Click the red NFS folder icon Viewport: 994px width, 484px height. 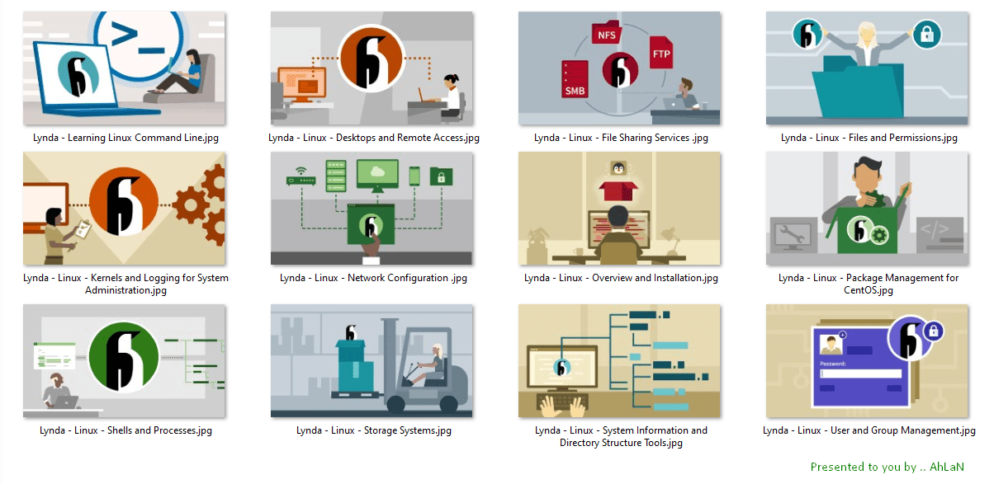tap(607, 32)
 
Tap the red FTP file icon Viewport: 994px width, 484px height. tap(661, 53)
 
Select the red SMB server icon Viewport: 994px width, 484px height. tap(575, 79)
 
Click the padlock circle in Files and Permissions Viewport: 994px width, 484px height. tap(927, 34)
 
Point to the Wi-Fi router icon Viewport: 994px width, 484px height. tap(301, 176)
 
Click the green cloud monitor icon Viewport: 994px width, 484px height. tap(377, 176)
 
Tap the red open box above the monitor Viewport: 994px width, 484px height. tap(618, 191)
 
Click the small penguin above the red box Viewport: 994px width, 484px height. tap(618, 168)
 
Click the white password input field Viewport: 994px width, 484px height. tap(861, 374)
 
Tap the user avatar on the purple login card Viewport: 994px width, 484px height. tap(831, 345)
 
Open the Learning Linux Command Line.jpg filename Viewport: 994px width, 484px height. tap(125, 138)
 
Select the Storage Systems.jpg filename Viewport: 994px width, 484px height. tap(374, 430)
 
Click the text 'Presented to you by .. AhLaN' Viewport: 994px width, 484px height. tap(887, 467)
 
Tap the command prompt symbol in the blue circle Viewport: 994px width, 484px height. tap(137, 39)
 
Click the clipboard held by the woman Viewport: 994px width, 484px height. tap(83, 229)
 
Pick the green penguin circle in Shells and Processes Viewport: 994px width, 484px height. tap(124, 357)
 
